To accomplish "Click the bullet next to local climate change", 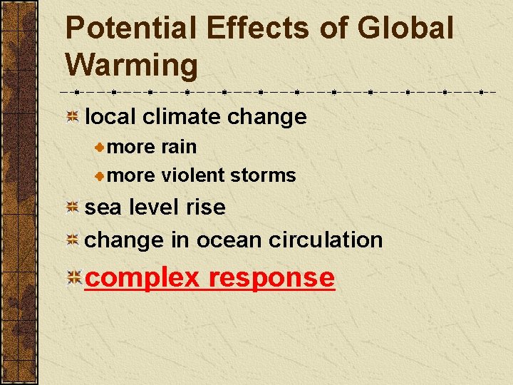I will [x=72, y=117].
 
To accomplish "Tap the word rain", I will [x=179, y=147].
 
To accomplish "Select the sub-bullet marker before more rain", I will [x=101, y=148].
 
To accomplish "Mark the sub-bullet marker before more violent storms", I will [x=101, y=175].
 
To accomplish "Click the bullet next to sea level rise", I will [x=72, y=208].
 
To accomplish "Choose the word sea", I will [x=100, y=207].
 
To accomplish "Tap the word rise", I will [x=205, y=207].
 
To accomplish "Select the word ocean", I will [x=229, y=240].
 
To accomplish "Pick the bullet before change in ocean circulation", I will [x=72, y=241].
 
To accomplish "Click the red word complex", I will [x=142, y=278].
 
